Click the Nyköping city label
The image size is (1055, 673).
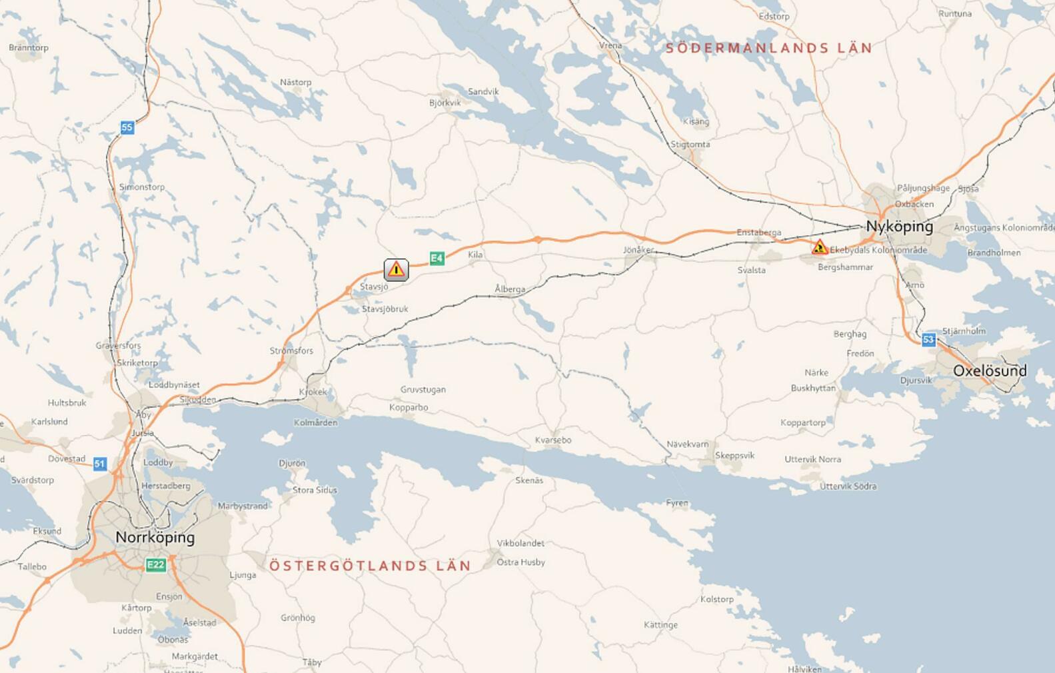click(x=899, y=227)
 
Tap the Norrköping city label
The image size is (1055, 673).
click(x=155, y=537)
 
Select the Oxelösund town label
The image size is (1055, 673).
click(x=990, y=371)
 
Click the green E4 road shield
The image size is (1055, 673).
click(x=437, y=258)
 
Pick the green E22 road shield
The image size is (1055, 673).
click(x=155, y=565)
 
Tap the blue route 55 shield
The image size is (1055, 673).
click(x=127, y=127)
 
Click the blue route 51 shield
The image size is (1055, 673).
click(x=100, y=464)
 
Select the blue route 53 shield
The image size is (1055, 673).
click(x=928, y=340)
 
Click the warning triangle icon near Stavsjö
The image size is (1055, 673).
click(x=396, y=269)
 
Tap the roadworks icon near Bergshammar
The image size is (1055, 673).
click(x=819, y=247)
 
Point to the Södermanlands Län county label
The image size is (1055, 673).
click(x=769, y=48)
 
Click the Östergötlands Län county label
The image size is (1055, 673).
click(x=370, y=566)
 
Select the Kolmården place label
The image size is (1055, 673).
click(x=315, y=422)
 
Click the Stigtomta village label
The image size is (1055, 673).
click(x=690, y=144)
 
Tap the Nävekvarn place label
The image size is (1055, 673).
click(x=688, y=444)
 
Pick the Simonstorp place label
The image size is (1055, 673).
click(x=141, y=187)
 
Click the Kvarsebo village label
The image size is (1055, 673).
click(x=552, y=440)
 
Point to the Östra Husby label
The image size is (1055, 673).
click(x=521, y=562)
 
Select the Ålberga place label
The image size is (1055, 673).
click(x=510, y=289)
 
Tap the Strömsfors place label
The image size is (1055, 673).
click(x=291, y=350)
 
